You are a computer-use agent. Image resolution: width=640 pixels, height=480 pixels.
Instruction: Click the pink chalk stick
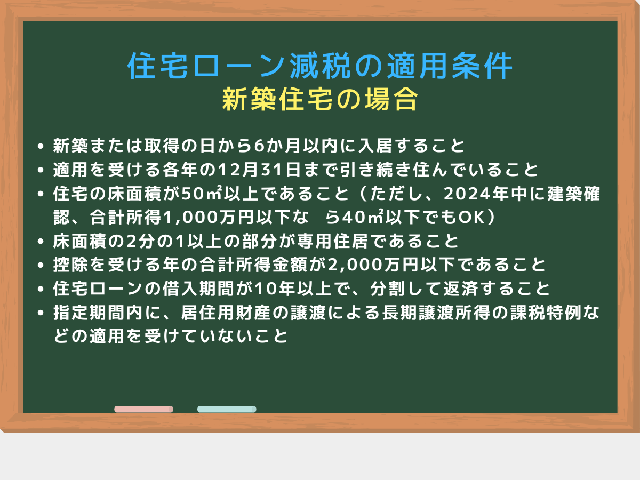pyautogui.click(x=144, y=409)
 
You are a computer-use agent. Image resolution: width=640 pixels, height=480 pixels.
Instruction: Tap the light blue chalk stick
pyautogui.click(x=227, y=409)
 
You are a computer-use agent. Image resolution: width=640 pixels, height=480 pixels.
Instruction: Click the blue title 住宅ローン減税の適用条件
pyautogui.click(x=320, y=66)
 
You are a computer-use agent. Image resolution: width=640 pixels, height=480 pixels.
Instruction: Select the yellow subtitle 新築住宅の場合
pyautogui.click(x=320, y=99)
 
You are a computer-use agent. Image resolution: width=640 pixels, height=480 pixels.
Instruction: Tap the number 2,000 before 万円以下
pyautogui.click(x=355, y=265)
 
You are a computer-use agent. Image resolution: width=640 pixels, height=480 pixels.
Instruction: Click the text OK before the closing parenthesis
pyautogui.click(x=471, y=218)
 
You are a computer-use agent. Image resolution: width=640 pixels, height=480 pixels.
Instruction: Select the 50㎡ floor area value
pyautogui.click(x=202, y=193)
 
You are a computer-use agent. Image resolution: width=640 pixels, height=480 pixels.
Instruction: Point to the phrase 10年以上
pyautogui.click(x=293, y=289)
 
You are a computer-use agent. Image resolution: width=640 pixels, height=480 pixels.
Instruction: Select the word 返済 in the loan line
pyautogui.click(x=461, y=289)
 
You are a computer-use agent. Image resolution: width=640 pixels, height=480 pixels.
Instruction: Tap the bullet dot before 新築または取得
pyautogui.click(x=41, y=146)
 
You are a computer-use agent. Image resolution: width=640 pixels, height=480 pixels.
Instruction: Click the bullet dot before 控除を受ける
pyautogui.click(x=41, y=265)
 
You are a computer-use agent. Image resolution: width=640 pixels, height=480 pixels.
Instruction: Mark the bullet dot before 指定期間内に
pyautogui.click(x=41, y=313)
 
